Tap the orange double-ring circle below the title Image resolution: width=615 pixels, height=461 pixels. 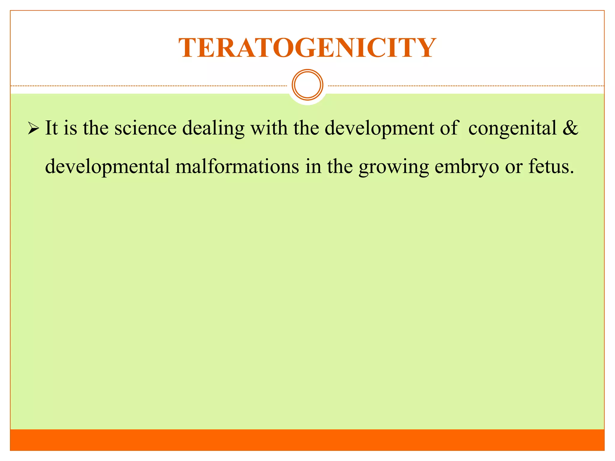tap(307, 85)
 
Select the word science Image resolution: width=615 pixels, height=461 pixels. tap(145, 128)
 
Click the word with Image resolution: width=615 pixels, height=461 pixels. tap(268, 128)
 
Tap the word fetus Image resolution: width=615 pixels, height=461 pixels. tap(551, 167)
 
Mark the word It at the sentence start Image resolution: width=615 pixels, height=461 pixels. tap(51, 128)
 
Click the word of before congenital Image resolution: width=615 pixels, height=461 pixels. tap(449, 128)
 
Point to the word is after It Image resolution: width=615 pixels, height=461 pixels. tap(70, 128)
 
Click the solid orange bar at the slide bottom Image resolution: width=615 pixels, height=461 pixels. tap(307, 440)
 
